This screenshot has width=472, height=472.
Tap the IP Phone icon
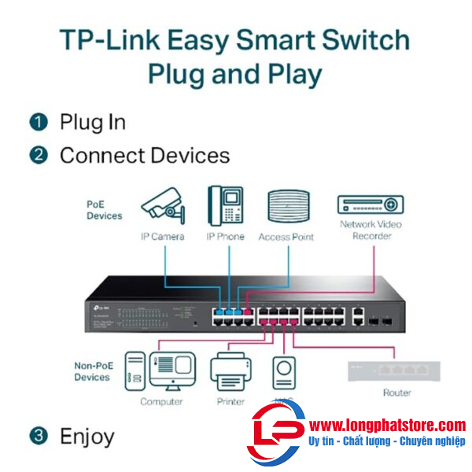tap(225, 206)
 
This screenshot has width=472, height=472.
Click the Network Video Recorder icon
tap(371, 205)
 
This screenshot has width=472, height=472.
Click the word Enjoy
tap(87, 436)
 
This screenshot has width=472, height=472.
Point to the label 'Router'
tap(396, 393)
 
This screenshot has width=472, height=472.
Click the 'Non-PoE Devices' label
tap(92, 371)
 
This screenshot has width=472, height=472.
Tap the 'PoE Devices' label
tap(104, 209)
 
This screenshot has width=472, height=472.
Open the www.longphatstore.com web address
tap(387, 425)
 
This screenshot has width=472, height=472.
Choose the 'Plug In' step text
tap(92, 122)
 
